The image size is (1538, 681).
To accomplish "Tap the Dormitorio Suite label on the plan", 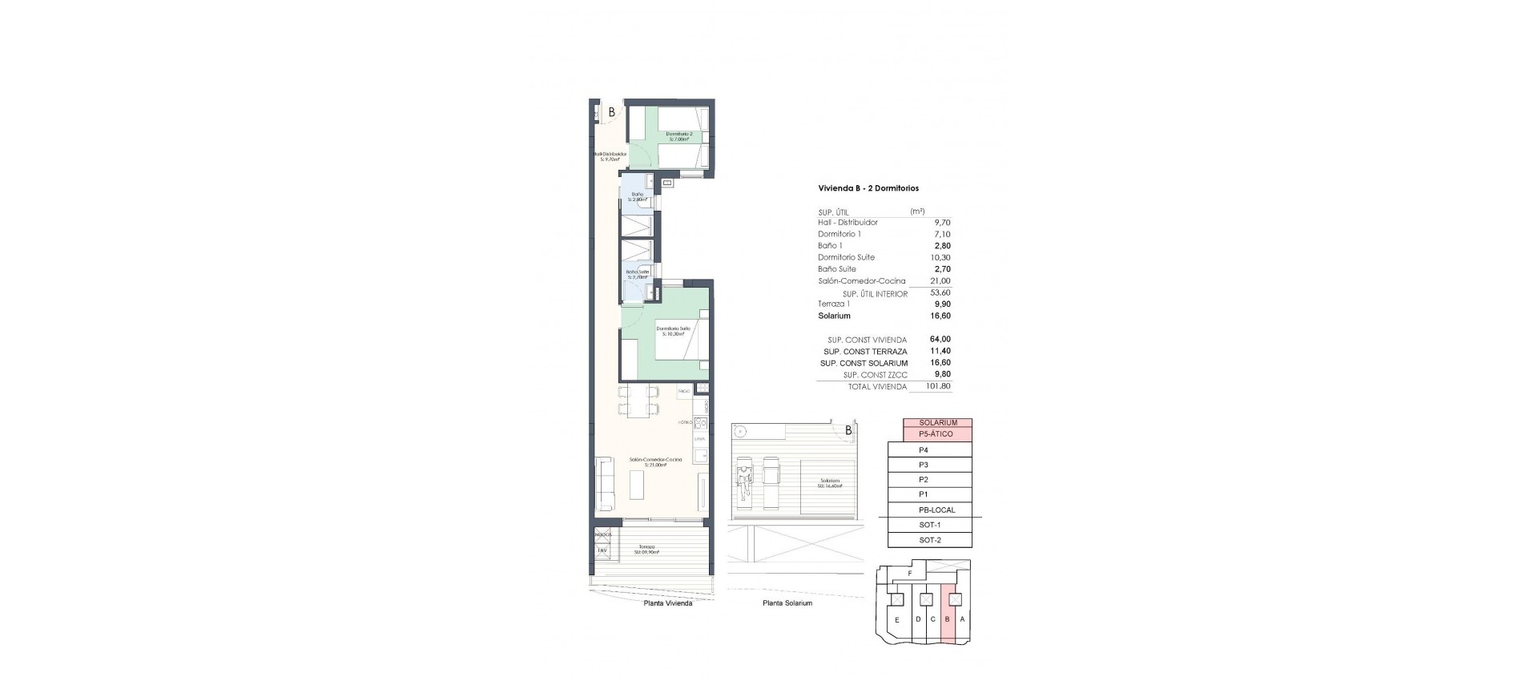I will pos(673,330).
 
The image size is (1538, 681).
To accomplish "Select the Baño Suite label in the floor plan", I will pos(638,274).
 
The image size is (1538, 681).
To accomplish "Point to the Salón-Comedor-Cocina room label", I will pos(655,461).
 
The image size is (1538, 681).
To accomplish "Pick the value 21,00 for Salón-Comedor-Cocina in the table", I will pos(940,281).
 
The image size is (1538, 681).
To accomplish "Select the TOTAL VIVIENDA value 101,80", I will pos(939,387).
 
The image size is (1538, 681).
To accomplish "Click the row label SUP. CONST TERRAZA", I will pos(865,352).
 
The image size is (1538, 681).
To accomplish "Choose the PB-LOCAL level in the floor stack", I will pos(936,510).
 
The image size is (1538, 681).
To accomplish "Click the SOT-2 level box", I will pos(929,540).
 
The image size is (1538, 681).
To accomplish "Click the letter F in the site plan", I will pos(910,574).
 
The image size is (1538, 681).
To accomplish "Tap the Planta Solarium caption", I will pos(787,603).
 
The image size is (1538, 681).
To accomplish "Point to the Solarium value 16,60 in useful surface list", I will pos(940,316).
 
